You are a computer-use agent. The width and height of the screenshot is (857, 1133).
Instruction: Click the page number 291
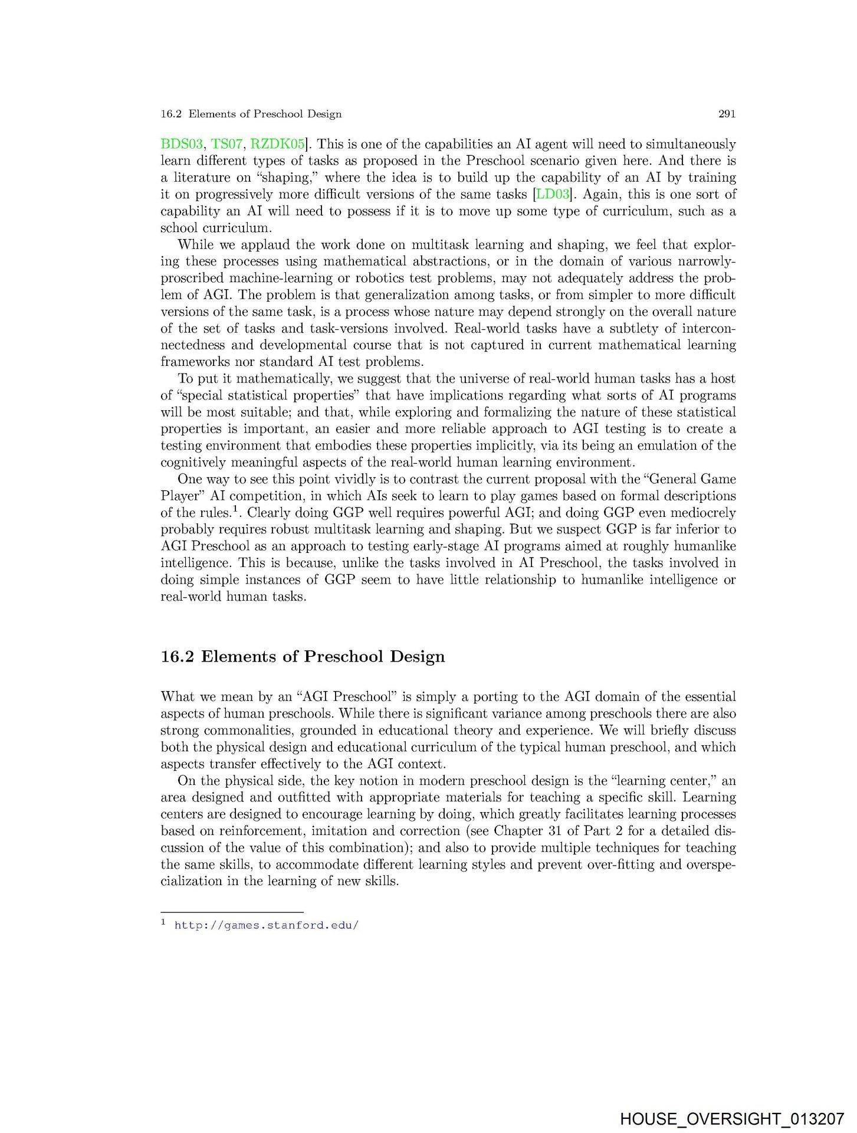pyautogui.click(x=727, y=114)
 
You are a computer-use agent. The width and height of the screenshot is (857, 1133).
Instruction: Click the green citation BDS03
pyautogui.click(x=182, y=144)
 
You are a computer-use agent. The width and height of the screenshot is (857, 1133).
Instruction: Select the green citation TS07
pyautogui.click(x=226, y=144)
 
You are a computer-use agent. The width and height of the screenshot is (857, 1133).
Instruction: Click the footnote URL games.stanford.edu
pyautogui.click(x=267, y=925)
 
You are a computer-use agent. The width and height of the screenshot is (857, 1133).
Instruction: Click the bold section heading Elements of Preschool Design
pyautogui.click(x=323, y=657)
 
